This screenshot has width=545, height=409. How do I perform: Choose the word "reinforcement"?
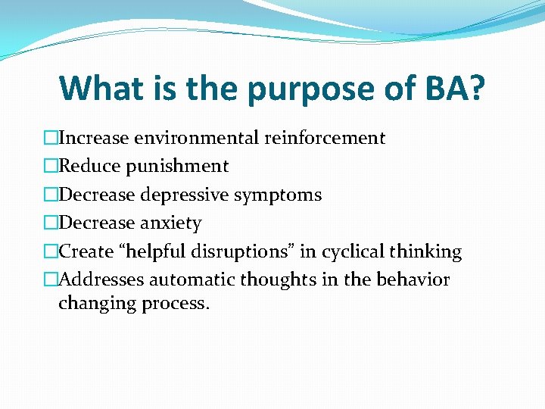point(325,138)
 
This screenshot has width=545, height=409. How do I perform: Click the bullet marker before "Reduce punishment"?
point(51,167)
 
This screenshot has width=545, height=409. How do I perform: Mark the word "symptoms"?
point(278,195)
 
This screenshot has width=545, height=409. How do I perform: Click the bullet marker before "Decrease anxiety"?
point(51,223)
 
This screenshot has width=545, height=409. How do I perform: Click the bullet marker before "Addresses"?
point(51,280)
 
